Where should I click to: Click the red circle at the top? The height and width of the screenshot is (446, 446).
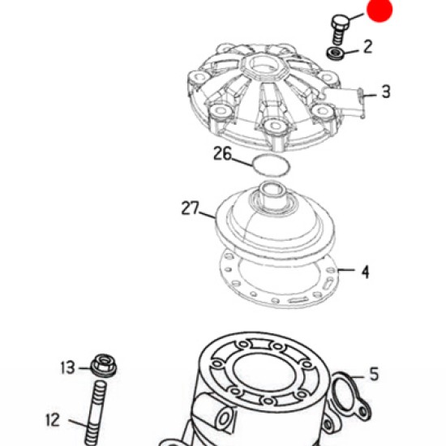pos(380,10)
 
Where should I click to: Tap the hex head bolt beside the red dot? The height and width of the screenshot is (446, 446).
pos(339,29)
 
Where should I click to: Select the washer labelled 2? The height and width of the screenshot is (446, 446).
pos(335,54)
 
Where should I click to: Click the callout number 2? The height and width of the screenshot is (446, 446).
pos(368,47)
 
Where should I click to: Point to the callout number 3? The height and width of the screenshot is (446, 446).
pos(386,92)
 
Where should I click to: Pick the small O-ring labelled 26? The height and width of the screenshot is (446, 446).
pos(272,165)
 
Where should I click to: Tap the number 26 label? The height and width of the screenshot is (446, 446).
pos(223,153)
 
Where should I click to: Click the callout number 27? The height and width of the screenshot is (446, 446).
pos(191,208)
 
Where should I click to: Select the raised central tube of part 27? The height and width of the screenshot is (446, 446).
pos(272,195)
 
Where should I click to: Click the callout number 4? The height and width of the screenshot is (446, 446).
pos(365,272)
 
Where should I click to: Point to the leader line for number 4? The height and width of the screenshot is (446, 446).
pos(346,270)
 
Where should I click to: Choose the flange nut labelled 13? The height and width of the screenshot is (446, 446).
pos(104,366)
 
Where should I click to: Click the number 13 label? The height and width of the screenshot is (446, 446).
pos(67,367)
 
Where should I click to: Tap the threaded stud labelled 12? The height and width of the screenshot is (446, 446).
pos(96,414)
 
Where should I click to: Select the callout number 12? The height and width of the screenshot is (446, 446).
pos(53,420)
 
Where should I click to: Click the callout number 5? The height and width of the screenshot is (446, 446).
pos(375,374)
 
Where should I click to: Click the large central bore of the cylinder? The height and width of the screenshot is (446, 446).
pos(261,372)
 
